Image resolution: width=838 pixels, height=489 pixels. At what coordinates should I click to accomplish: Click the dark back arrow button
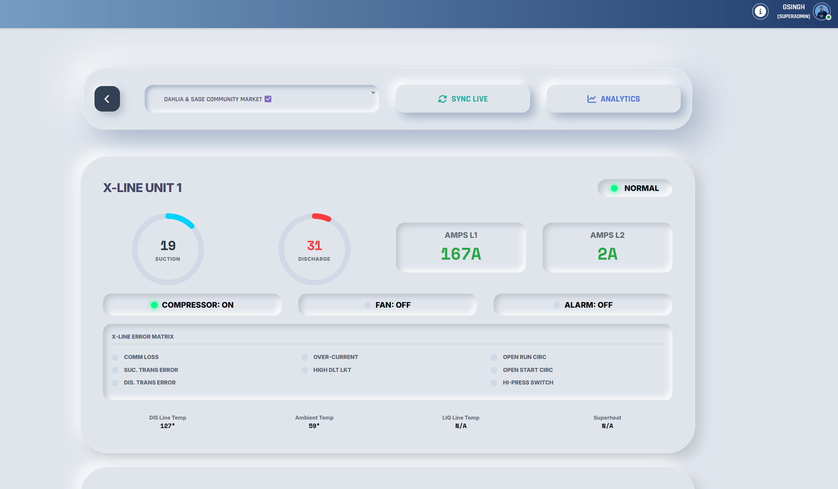[x=107, y=99]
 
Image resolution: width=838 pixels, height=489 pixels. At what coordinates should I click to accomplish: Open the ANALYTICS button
[x=613, y=99]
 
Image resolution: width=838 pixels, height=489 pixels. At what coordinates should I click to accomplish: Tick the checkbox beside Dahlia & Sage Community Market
[x=268, y=99]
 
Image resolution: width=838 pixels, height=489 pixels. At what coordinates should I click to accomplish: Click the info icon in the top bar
[x=760, y=11]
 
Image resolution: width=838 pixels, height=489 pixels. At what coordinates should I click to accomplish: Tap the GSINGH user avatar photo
[x=821, y=11]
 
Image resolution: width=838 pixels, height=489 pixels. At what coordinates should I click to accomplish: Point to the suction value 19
[x=168, y=246]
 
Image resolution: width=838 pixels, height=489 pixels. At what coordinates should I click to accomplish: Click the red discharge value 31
[x=315, y=246]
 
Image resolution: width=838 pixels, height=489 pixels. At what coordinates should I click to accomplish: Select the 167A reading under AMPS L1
[x=461, y=254]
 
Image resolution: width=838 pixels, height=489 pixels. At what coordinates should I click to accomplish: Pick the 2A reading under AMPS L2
[x=607, y=254]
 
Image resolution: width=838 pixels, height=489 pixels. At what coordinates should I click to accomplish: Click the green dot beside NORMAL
[x=614, y=188]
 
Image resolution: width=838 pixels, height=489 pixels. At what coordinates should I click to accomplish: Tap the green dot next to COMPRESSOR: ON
[x=154, y=305]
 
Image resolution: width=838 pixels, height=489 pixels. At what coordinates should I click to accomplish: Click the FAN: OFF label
[x=393, y=305]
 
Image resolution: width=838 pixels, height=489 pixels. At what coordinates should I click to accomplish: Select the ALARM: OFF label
[x=588, y=305]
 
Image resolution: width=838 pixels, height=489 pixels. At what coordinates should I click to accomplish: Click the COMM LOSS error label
[x=141, y=357]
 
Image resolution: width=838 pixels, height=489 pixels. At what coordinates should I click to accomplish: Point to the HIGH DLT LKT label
[x=332, y=370]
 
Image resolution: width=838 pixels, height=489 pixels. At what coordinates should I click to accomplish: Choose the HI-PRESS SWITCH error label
[x=528, y=383]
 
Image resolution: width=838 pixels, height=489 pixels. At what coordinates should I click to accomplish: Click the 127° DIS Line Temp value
[x=168, y=426]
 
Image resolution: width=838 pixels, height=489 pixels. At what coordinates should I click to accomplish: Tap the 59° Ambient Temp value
[x=314, y=426]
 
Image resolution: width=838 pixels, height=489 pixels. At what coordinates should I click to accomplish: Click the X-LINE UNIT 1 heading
[x=142, y=188]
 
